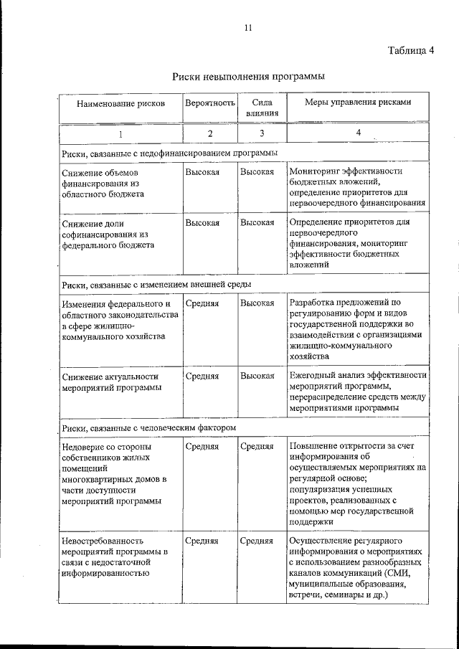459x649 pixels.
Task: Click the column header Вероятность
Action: [210, 103]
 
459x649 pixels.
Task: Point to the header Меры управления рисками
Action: [358, 103]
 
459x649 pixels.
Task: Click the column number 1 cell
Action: [120, 133]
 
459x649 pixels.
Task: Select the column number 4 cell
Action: [357, 133]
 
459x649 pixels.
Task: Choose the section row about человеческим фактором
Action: [149, 427]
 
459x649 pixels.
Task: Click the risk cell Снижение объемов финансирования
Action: [103, 184]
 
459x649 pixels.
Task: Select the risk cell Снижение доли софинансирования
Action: [108, 234]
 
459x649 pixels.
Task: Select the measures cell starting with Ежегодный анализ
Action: [357, 392]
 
